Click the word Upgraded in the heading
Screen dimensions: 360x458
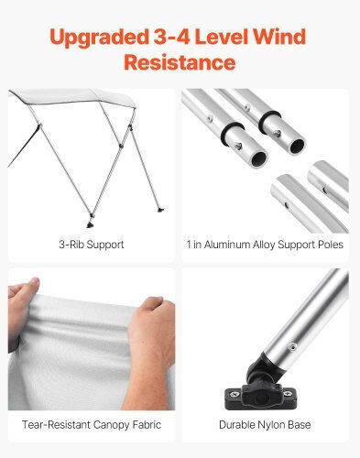point(99,38)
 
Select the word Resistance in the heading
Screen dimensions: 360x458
point(180,62)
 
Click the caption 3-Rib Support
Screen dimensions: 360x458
point(92,245)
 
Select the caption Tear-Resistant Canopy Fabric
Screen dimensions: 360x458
point(92,425)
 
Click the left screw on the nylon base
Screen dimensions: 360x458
point(235,394)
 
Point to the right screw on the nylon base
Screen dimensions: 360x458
point(288,393)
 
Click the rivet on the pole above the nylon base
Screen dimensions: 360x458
point(292,346)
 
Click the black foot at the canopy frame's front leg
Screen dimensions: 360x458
point(91,224)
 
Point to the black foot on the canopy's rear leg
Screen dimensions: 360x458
point(160,210)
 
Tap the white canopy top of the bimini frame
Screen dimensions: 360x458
point(73,98)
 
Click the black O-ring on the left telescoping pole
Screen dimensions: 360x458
point(231,131)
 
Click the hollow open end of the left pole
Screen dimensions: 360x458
point(259,158)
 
